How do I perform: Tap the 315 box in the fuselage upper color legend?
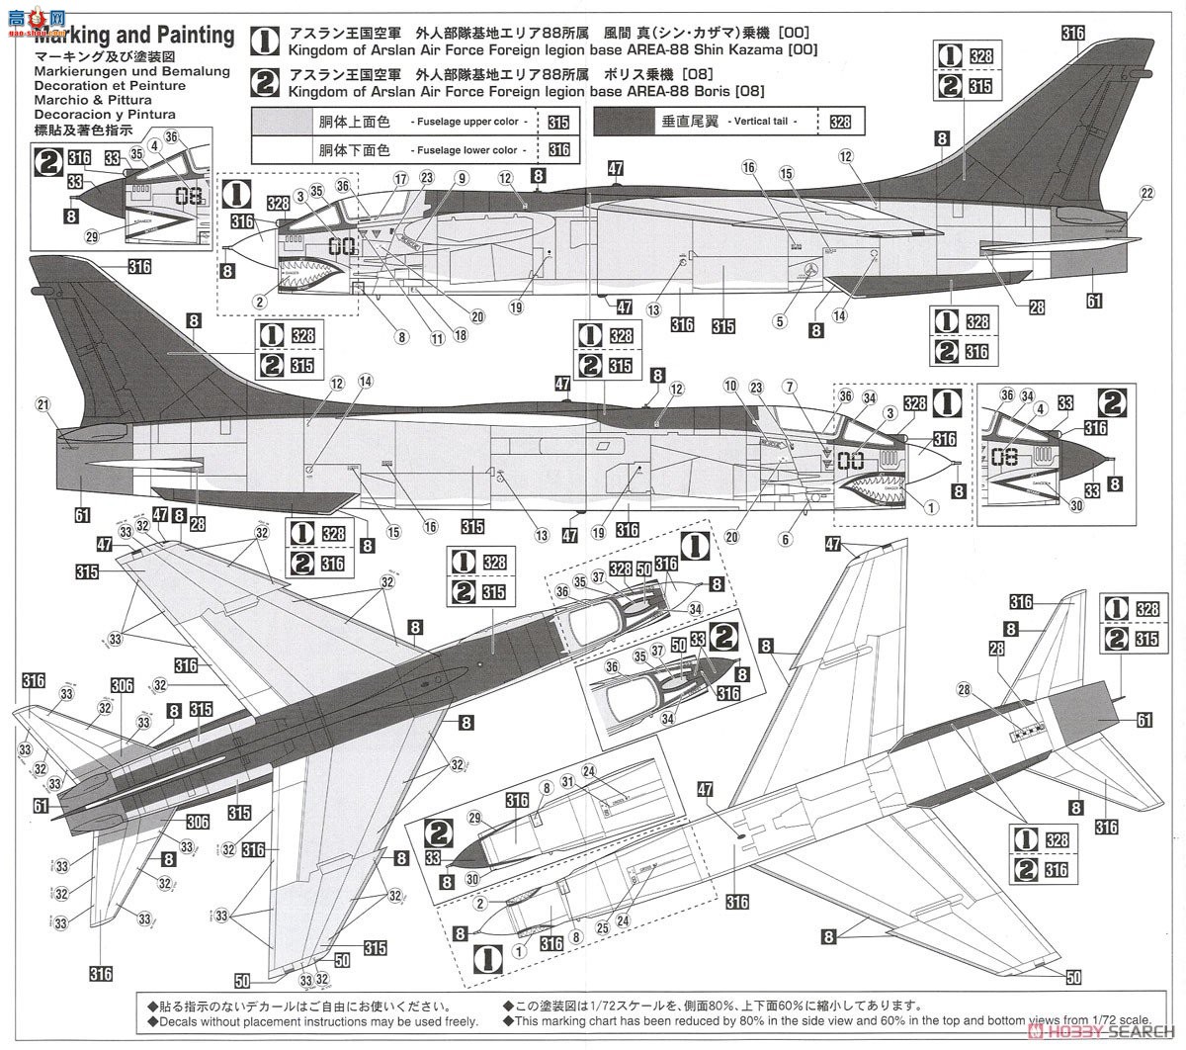(x=558, y=123)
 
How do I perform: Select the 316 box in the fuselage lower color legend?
(x=558, y=149)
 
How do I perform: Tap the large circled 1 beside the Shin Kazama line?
(x=265, y=41)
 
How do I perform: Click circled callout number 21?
(x=42, y=403)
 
